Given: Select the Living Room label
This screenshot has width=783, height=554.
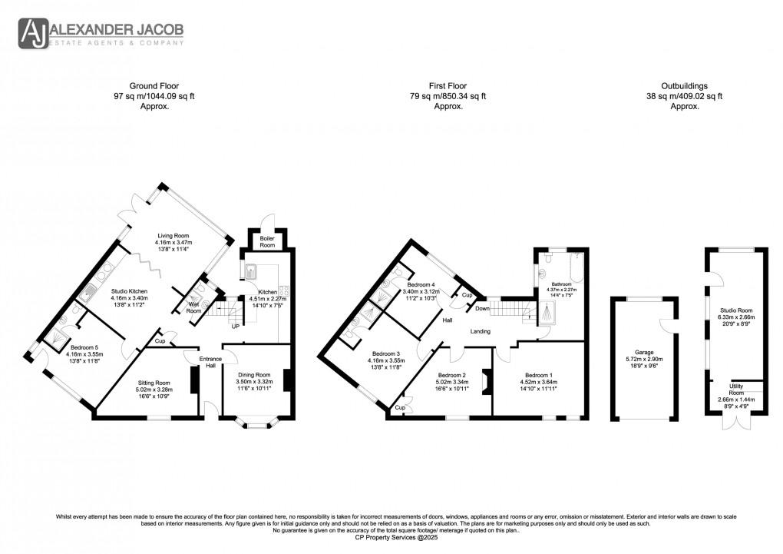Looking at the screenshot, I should pyautogui.click(x=173, y=236).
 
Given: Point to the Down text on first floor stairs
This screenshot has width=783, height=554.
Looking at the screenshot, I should pyautogui.click(x=483, y=308).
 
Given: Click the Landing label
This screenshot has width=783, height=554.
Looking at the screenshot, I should pyautogui.click(x=481, y=331).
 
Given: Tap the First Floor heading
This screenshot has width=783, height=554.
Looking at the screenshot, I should pyautogui.click(x=448, y=86).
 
